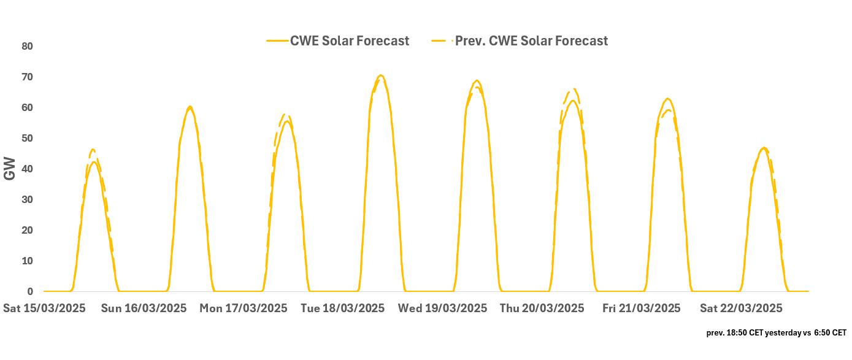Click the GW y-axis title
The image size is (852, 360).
(10, 169)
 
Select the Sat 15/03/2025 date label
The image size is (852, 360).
(44, 308)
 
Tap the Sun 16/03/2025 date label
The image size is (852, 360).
(143, 308)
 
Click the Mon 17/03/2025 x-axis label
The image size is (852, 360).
(244, 308)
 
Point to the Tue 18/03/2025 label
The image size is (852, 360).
(343, 308)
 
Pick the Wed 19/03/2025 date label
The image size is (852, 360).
(443, 308)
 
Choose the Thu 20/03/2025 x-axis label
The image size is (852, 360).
(542, 308)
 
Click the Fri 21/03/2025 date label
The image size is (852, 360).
(642, 308)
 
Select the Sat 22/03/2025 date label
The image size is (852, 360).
(742, 308)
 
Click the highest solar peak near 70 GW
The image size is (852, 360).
(381, 75)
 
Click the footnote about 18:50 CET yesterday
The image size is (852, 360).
(776, 333)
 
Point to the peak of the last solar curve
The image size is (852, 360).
(764, 148)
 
